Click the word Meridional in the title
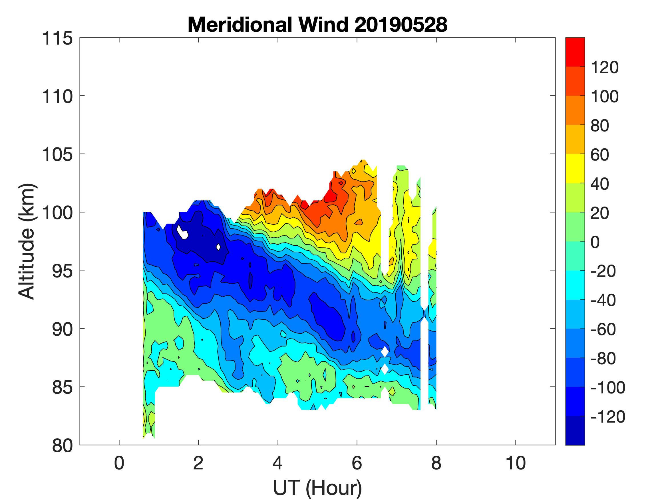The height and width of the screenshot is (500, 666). pyautogui.click(x=239, y=24)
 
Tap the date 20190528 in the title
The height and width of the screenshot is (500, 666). pyautogui.click(x=401, y=24)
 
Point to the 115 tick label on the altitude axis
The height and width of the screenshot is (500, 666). pyautogui.click(x=57, y=39)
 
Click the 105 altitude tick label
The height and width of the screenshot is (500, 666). pyautogui.click(x=57, y=155)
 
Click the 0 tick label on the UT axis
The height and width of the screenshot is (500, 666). pyautogui.click(x=119, y=463)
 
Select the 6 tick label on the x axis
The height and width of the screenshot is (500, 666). pyautogui.click(x=357, y=463)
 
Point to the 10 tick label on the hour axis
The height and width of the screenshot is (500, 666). pyautogui.click(x=516, y=463)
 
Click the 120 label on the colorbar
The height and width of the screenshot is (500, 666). pyautogui.click(x=605, y=67)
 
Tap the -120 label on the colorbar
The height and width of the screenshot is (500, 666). pyautogui.click(x=607, y=417)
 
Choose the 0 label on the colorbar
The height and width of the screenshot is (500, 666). pyautogui.click(x=595, y=242)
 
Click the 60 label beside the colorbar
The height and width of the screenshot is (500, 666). pyautogui.click(x=600, y=155)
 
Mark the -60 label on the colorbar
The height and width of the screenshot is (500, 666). pyautogui.click(x=603, y=329)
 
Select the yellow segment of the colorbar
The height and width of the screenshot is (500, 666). pyautogui.click(x=575, y=169)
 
